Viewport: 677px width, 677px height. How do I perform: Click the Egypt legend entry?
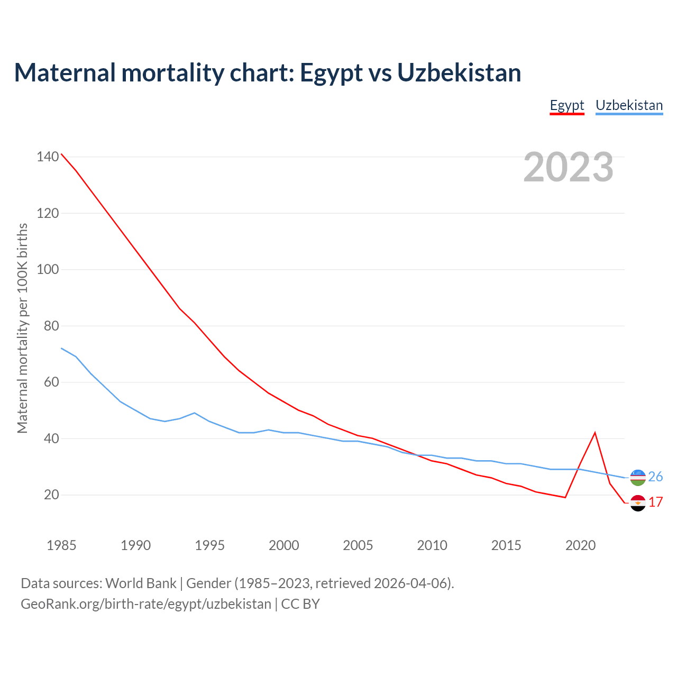[567, 105]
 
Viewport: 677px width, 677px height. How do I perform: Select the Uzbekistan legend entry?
[629, 105]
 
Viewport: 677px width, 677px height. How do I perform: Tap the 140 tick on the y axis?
[48, 157]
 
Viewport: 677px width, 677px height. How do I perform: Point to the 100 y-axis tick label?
[48, 269]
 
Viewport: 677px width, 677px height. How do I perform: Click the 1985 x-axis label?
[61, 545]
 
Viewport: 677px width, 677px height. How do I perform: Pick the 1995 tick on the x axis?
[209, 545]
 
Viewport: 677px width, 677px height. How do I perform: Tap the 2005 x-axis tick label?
[358, 545]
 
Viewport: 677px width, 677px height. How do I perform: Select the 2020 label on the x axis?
[580, 545]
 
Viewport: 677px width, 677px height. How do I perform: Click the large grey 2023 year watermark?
[568, 167]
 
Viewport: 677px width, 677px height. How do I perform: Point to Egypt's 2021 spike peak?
[595, 433]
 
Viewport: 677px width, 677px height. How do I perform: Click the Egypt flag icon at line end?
[638, 502]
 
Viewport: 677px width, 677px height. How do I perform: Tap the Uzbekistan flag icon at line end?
[638, 478]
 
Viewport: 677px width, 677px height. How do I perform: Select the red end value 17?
[656, 502]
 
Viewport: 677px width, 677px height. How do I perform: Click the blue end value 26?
[655, 477]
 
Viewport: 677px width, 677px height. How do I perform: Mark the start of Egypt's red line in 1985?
[61, 154]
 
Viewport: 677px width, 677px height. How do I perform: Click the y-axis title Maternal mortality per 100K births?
[22, 328]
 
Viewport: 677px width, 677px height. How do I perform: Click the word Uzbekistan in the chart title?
[459, 73]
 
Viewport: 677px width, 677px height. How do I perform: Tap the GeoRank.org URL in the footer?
[146, 604]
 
